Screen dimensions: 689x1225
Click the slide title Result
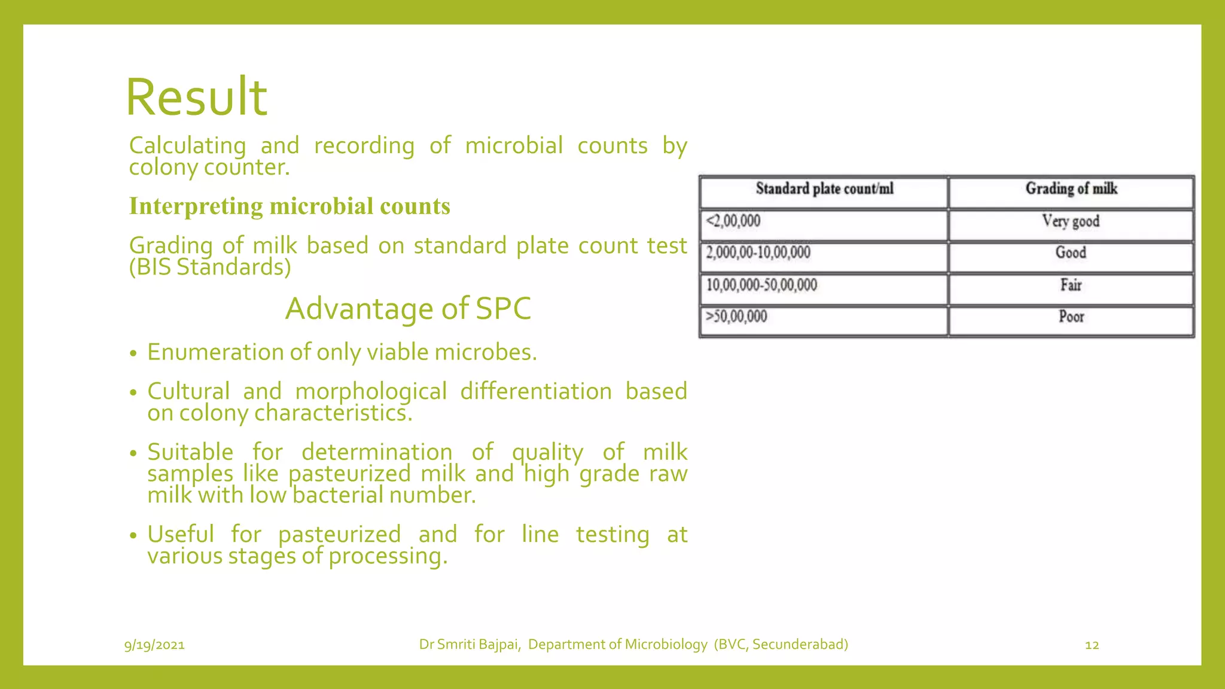click(196, 97)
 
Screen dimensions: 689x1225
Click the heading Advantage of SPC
click(408, 309)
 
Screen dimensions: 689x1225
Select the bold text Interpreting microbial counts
click(290, 206)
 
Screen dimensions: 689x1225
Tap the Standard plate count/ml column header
click(824, 189)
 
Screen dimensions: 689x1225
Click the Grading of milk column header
click(1071, 189)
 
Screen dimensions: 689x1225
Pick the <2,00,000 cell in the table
click(733, 221)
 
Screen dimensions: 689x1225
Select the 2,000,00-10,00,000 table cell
click(758, 252)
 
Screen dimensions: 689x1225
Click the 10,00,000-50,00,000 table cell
click(761, 285)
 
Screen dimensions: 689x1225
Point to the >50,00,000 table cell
click(736, 316)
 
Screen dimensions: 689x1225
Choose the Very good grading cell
click(1071, 221)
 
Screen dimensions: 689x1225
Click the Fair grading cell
click(1071, 285)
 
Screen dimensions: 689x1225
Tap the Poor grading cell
click(1071, 316)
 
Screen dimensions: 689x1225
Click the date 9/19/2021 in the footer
click(154, 645)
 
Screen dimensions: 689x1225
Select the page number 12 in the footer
click(1092, 645)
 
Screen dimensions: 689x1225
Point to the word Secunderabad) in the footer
click(800, 644)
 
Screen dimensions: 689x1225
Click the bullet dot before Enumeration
click(133, 353)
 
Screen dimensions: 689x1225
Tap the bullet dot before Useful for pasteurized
click(133, 535)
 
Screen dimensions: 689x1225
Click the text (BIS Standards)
click(210, 267)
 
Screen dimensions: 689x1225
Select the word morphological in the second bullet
click(371, 392)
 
